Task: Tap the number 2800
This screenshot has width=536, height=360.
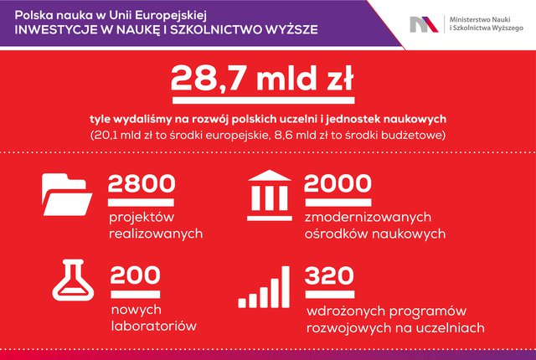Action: point(142,183)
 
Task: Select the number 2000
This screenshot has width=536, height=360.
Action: point(338,183)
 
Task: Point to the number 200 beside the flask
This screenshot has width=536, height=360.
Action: point(136,275)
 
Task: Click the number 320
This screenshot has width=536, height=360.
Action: point(329,275)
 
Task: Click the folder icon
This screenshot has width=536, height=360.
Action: point(67,194)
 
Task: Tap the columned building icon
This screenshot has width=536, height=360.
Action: point(270,195)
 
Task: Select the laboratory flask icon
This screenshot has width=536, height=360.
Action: point(73,280)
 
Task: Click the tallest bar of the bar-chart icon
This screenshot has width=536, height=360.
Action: point(285,287)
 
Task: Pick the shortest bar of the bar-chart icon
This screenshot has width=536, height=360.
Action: point(242,302)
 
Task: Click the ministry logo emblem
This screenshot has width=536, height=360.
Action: point(424,24)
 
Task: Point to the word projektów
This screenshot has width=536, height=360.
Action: point(142,218)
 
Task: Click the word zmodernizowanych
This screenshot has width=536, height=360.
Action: point(368,217)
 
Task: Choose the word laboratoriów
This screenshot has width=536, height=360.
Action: point(154,326)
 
